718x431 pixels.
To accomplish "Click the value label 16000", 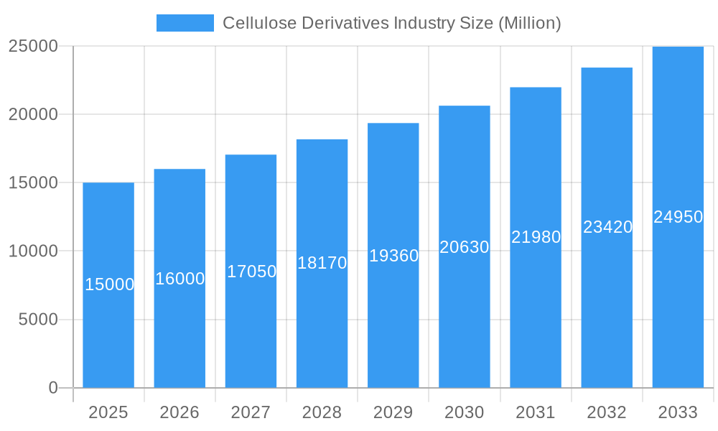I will coord(180,279).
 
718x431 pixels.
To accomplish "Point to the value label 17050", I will coord(251,272).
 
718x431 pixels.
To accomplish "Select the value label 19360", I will coord(393,256).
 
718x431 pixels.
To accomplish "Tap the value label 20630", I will coord(465,247).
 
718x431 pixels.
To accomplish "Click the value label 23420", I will coord(607,227).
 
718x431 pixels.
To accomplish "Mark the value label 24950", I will coord(678,217).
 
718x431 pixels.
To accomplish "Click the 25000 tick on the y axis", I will coord(33,46).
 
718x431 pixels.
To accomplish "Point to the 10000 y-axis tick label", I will coord(33,251).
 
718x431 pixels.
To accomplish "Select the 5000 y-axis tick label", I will coord(38,320).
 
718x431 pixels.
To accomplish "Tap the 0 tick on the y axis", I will coord(53,388).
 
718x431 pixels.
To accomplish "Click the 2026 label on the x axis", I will coord(179,412).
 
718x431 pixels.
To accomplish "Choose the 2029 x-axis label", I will coord(393,412).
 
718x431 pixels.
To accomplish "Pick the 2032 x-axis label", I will coord(607,412).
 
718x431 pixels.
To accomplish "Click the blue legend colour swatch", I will coord(185,23).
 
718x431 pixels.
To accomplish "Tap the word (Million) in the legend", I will coord(528,23).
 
